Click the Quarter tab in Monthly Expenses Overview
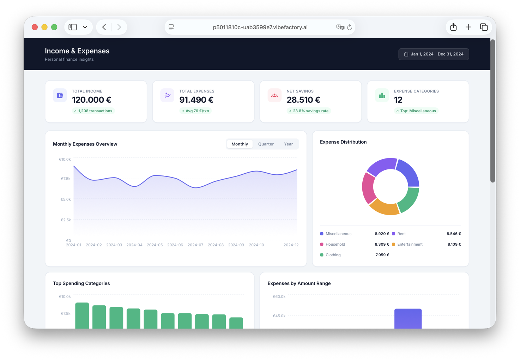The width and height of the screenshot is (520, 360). click(x=266, y=144)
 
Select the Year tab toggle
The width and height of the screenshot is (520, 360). click(x=288, y=144)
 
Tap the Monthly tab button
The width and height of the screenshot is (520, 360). click(x=240, y=144)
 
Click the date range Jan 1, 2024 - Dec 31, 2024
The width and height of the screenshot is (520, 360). click(x=434, y=54)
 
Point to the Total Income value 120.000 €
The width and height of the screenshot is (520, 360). click(x=92, y=100)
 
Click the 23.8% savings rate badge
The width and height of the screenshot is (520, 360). click(x=308, y=111)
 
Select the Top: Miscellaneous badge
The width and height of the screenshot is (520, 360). click(x=416, y=111)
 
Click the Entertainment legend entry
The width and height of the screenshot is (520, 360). click(x=410, y=244)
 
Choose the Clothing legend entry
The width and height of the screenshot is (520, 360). click(x=333, y=255)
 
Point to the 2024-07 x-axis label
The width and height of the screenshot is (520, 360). click(x=195, y=245)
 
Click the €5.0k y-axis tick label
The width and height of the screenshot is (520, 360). click(x=66, y=199)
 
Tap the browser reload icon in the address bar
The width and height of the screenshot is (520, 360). click(x=350, y=27)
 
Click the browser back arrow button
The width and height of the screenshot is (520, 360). click(x=104, y=27)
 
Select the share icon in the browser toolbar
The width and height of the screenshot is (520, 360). click(x=453, y=27)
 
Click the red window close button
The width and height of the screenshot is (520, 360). click(x=35, y=27)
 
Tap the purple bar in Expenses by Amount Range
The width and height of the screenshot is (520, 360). click(x=408, y=318)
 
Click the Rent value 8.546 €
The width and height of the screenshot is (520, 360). click(x=454, y=234)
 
